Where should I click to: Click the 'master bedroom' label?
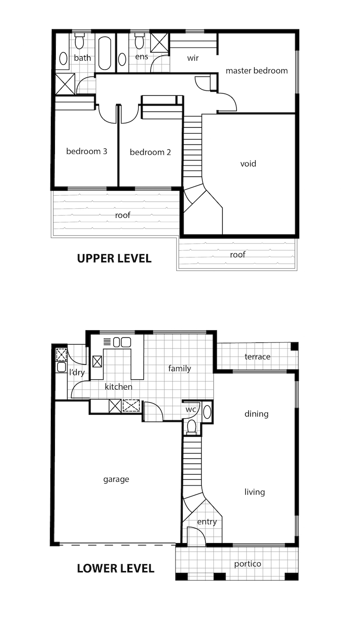(x=256, y=71)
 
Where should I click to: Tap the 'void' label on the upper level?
(x=248, y=163)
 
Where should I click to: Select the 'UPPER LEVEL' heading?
(x=114, y=258)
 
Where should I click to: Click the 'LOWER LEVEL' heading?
(x=116, y=568)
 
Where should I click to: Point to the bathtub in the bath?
(x=105, y=53)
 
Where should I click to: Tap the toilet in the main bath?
(x=80, y=40)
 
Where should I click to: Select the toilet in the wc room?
(x=192, y=427)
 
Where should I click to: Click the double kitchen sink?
(x=122, y=342)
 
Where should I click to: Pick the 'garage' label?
(x=116, y=479)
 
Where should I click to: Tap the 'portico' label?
(x=247, y=564)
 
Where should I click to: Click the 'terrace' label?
(x=257, y=357)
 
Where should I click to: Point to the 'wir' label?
(x=193, y=58)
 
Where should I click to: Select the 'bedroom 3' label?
(x=87, y=151)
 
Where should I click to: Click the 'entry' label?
(x=207, y=522)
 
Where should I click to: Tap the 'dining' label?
(x=256, y=414)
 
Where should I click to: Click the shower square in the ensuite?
(x=159, y=43)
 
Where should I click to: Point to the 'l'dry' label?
(x=77, y=373)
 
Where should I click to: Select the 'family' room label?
(x=180, y=368)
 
